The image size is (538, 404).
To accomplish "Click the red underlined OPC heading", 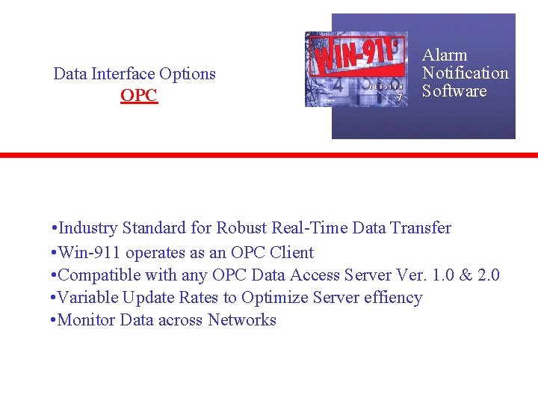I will pos(139,97).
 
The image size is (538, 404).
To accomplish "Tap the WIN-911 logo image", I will pos(356,69).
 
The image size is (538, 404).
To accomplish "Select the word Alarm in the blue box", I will pos(445,55).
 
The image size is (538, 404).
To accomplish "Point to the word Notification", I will pos(465,73).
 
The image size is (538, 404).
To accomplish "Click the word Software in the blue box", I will pos(454,91).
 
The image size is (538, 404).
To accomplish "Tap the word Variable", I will pos(87,298).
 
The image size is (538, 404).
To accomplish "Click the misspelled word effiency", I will pos(394,298).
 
